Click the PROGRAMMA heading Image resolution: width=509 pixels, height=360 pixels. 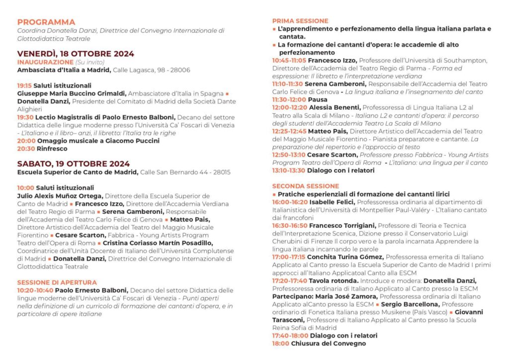tap(46, 22)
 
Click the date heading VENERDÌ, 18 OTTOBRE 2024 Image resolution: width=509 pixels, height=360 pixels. tap(76, 54)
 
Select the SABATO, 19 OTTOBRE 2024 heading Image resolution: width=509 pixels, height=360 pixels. tap(74, 164)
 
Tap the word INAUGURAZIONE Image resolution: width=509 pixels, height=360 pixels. tap(45, 62)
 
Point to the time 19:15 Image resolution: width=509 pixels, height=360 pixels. tap(24, 86)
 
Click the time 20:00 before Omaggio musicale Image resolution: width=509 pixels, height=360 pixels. tap(26, 141)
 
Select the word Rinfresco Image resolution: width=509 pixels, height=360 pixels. tap(52, 149)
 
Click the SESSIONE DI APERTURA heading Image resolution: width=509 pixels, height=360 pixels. tap(57, 282)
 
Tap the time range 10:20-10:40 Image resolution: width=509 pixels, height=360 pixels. tap(35, 290)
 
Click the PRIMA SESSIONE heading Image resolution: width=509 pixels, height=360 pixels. tap(300, 21)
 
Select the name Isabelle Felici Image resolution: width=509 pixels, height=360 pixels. tap(332, 202)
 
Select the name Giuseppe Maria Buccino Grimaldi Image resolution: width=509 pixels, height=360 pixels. tap(72, 93)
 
